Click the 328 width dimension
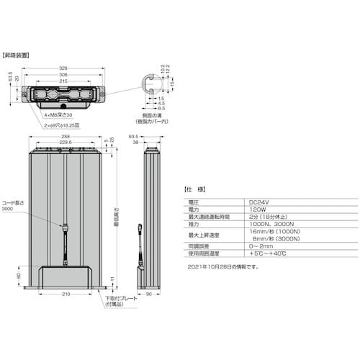65,69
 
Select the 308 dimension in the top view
65,74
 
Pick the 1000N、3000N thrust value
266,223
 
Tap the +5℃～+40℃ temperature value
266,254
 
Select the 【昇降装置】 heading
15,55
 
